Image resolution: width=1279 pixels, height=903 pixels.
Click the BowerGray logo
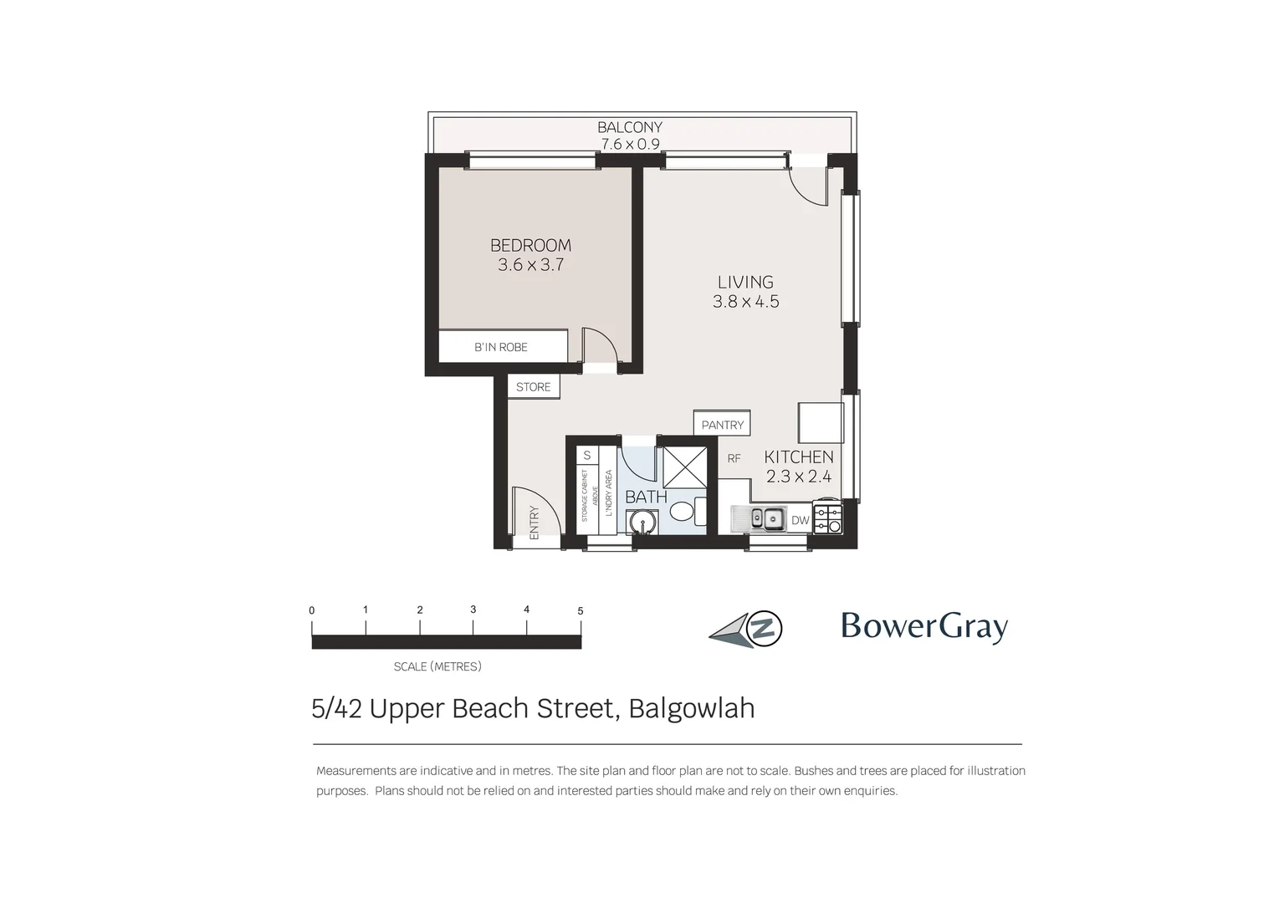pyautogui.click(x=923, y=626)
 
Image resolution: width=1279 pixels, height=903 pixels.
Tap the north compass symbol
pyautogui.click(x=747, y=629)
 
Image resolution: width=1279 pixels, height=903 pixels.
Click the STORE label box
pyautogui.click(x=533, y=387)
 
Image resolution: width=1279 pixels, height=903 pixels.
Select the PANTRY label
pyautogui.click(x=722, y=425)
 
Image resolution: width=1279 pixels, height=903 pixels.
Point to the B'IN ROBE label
pyautogui.click(x=501, y=347)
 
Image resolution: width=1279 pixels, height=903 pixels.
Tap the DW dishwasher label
pyautogui.click(x=801, y=520)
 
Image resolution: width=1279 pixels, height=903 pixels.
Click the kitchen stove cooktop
pyautogui.click(x=827, y=518)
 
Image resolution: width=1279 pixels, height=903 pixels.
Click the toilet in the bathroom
pyautogui.click(x=684, y=511)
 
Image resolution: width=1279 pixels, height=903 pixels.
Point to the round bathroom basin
pyautogui.click(x=642, y=523)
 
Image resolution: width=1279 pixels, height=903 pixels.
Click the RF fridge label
pyautogui.click(x=734, y=458)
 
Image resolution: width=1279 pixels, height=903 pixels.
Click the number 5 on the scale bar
pyautogui.click(x=581, y=611)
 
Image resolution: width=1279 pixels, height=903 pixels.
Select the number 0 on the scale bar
pyautogui.click(x=312, y=611)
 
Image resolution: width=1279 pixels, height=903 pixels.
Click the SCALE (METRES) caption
pyautogui.click(x=437, y=666)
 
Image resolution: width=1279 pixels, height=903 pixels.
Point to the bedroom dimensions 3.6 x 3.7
pyautogui.click(x=530, y=265)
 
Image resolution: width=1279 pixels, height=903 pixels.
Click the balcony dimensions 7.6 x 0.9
pyautogui.click(x=630, y=144)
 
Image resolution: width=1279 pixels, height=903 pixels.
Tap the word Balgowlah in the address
pyautogui.click(x=691, y=708)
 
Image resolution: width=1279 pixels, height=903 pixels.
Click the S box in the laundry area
pyautogui.click(x=587, y=456)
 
